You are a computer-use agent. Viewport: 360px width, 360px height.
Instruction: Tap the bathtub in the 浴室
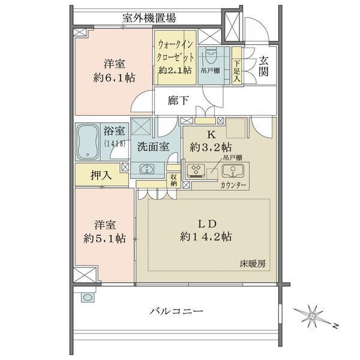pos(87,142)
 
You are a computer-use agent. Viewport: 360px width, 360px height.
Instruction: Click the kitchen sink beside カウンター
pos(233,171)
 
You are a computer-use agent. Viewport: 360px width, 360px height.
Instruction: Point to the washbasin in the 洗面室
pos(147,169)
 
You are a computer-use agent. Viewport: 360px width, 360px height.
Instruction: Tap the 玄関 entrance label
pos(263,66)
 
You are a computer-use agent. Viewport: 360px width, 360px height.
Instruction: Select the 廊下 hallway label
pos(178,100)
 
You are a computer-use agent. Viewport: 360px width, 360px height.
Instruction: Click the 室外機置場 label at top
pos(149,17)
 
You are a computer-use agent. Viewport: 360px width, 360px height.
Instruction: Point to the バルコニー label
pos(176,311)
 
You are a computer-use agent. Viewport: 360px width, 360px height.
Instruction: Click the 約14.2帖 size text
pos(206,236)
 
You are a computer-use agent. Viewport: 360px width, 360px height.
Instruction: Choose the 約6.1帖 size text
pos(114,78)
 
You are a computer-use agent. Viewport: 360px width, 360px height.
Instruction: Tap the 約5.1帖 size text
pos(104,239)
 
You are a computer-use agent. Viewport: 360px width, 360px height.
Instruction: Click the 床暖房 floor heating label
pos(253,264)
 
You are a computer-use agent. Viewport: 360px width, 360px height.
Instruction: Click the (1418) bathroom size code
pos(115,143)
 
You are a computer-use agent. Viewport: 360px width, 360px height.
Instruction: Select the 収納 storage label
pos(174,180)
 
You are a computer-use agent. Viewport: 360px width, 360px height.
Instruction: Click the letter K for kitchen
pos(211,135)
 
